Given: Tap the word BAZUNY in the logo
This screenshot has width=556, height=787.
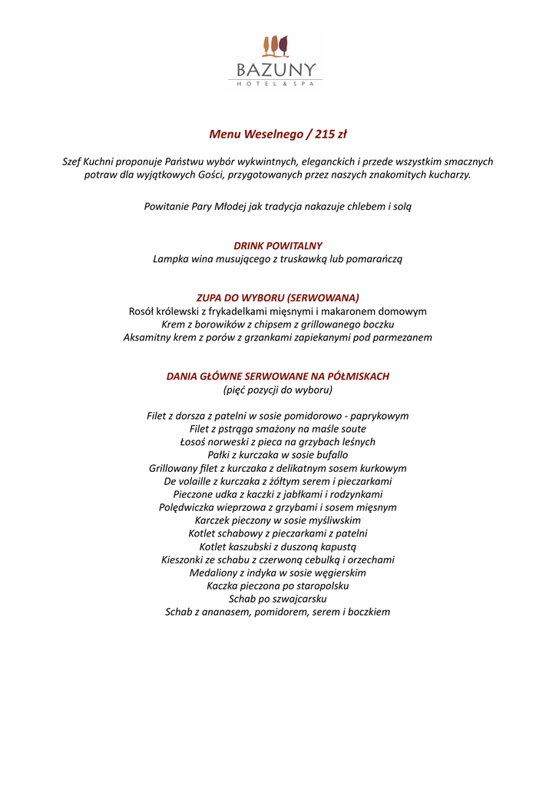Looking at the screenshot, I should (276, 70).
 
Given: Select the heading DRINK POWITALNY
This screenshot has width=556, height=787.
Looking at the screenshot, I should (278, 246).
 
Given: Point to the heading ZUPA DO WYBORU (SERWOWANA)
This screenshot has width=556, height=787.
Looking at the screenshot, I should (278, 297).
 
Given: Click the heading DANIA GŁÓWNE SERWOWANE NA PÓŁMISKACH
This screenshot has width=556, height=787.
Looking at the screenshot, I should (278, 377).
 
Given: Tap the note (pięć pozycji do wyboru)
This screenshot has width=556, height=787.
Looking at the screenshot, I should (278, 390).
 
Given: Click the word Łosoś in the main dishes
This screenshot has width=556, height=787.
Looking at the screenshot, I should (194, 442).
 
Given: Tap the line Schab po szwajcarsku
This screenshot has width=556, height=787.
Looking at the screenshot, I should (278, 599).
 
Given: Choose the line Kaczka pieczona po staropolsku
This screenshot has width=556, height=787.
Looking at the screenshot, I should (278, 586).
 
